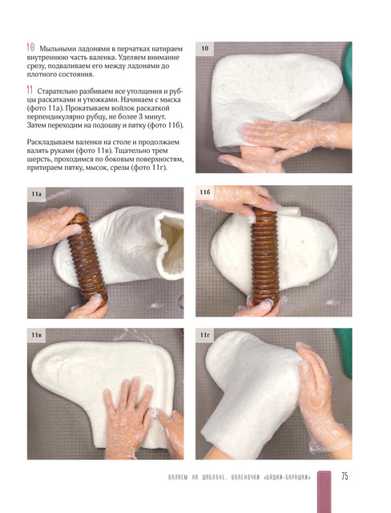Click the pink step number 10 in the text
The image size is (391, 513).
30,48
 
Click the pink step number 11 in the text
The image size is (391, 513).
30,90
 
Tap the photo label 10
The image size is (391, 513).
204,48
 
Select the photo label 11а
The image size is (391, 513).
36,194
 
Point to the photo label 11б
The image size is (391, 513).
205,192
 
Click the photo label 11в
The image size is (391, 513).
36,335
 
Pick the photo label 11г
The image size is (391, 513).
204,335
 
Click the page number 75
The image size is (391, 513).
345,476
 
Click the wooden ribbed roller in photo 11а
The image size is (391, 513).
87,258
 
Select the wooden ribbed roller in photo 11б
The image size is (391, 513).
265,256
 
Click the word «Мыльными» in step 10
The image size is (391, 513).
58,50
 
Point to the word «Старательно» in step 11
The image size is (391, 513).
58,91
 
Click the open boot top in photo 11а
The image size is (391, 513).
170,244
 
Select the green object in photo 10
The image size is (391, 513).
348,68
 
